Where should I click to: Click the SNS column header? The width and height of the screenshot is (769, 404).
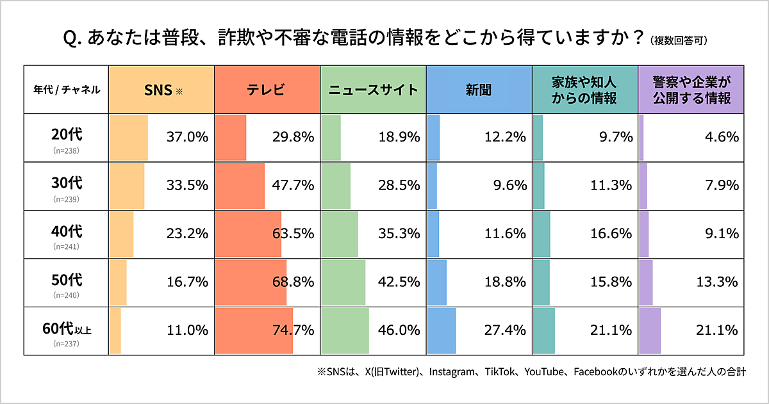pyautogui.click(x=161, y=90)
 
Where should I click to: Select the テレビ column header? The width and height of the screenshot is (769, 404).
pyautogui.click(x=266, y=90)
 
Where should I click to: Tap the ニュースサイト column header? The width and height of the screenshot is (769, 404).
pyautogui.click(x=373, y=90)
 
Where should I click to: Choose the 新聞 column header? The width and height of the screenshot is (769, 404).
pyautogui.click(x=479, y=90)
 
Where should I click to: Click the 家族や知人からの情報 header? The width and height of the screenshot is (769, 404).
pyautogui.click(x=584, y=90)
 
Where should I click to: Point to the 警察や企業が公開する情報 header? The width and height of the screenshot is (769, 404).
pyautogui.click(x=691, y=90)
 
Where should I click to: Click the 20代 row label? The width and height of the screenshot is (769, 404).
pyautogui.click(x=67, y=136)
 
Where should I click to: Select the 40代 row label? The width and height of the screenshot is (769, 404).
pyautogui.click(x=67, y=232)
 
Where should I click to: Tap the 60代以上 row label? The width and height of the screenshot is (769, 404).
pyautogui.click(x=67, y=330)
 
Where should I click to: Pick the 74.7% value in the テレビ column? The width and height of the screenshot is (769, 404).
pyautogui.click(x=293, y=330)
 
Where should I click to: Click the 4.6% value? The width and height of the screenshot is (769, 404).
pyautogui.click(x=722, y=136)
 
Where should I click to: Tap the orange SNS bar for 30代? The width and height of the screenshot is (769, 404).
pyautogui.click(x=127, y=185)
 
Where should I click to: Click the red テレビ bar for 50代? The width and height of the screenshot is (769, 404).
pyautogui.click(x=251, y=282)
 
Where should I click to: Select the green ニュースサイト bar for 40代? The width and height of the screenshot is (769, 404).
pyautogui.click(x=339, y=234)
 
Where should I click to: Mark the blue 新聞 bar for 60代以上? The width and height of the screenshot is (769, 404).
pyautogui.click(x=441, y=330)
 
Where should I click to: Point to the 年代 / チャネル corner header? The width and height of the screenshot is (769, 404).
pyautogui.click(x=67, y=90)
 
